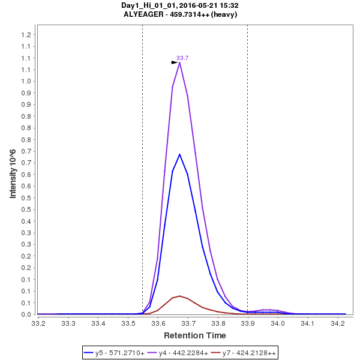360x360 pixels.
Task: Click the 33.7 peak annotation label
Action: click(x=182, y=58)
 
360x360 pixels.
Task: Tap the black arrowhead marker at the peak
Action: click(x=175, y=62)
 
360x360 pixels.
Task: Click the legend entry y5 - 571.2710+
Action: click(x=120, y=353)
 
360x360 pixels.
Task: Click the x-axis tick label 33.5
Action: click(x=128, y=324)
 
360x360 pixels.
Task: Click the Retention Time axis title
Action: click(x=195, y=335)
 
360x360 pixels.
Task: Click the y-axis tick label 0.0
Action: click(x=26, y=314)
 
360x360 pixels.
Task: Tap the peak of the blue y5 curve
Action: click(x=179, y=154)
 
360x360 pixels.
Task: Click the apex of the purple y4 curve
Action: click(x=179, y=62)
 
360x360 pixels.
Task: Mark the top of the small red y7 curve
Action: click(x=179, y=296)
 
